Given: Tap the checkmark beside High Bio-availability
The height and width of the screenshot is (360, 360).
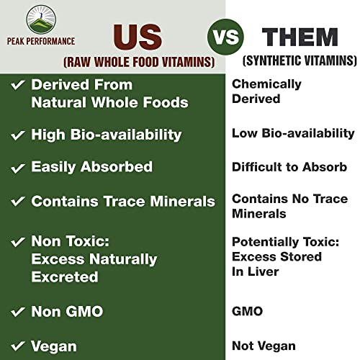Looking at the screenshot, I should click(17, 135).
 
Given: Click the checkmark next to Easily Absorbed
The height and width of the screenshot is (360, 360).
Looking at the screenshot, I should click(17, 168).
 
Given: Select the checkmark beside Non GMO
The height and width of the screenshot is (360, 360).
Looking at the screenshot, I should click(17, 312).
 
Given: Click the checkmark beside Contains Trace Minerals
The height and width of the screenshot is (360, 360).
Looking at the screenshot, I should click(17, 202).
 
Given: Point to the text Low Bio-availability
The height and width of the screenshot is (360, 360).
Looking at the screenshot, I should click(293, 133).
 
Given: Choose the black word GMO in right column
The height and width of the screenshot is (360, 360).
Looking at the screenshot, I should click(247, 311).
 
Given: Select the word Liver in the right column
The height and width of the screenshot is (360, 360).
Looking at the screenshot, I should click(266, 271).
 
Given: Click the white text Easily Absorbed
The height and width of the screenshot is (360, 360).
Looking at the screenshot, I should click(92, 167).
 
